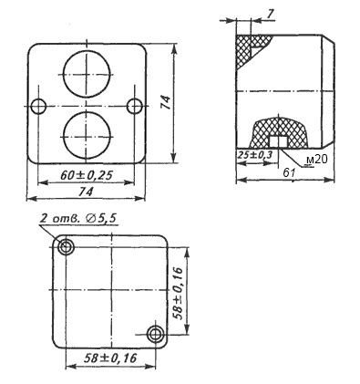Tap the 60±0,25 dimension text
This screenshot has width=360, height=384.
click(x=87, y=175)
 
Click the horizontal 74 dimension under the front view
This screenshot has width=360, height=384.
click(x=87, y=192)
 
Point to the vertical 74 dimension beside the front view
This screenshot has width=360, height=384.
click(x=166, y=102)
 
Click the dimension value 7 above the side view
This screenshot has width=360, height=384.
click(x=271, y=14)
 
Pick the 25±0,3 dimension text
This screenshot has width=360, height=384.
click(x=255, y=155)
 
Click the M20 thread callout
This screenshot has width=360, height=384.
click(x=317, y=160)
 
